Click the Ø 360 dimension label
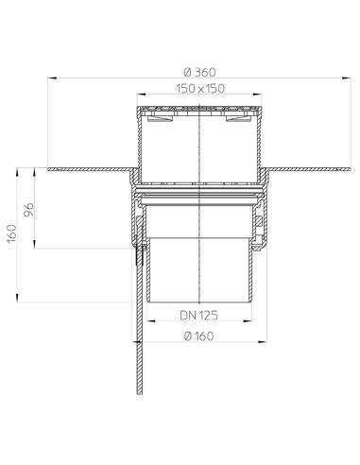[199, 73]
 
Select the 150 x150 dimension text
[200, 89]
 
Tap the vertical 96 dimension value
[28, 210]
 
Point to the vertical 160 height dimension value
[12, 233]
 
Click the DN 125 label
[198, 315]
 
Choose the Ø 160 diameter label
[198, 336]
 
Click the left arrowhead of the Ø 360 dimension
[52, 77]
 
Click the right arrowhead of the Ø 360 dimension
[347, 77]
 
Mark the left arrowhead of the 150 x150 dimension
[142, 94]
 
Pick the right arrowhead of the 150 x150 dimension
[257, 94]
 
